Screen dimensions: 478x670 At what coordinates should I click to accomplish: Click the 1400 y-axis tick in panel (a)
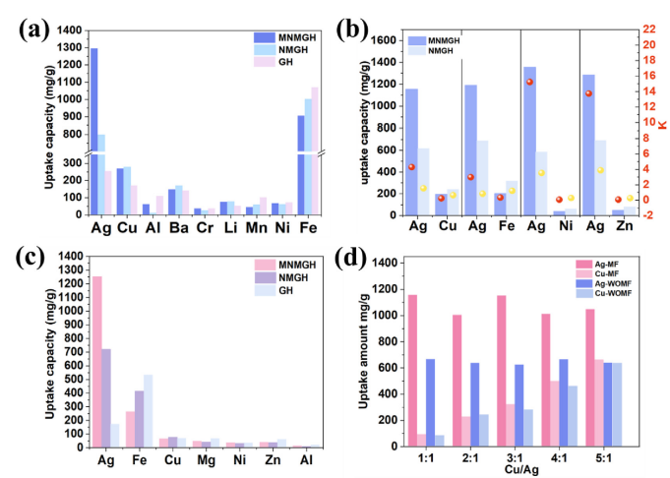68,31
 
